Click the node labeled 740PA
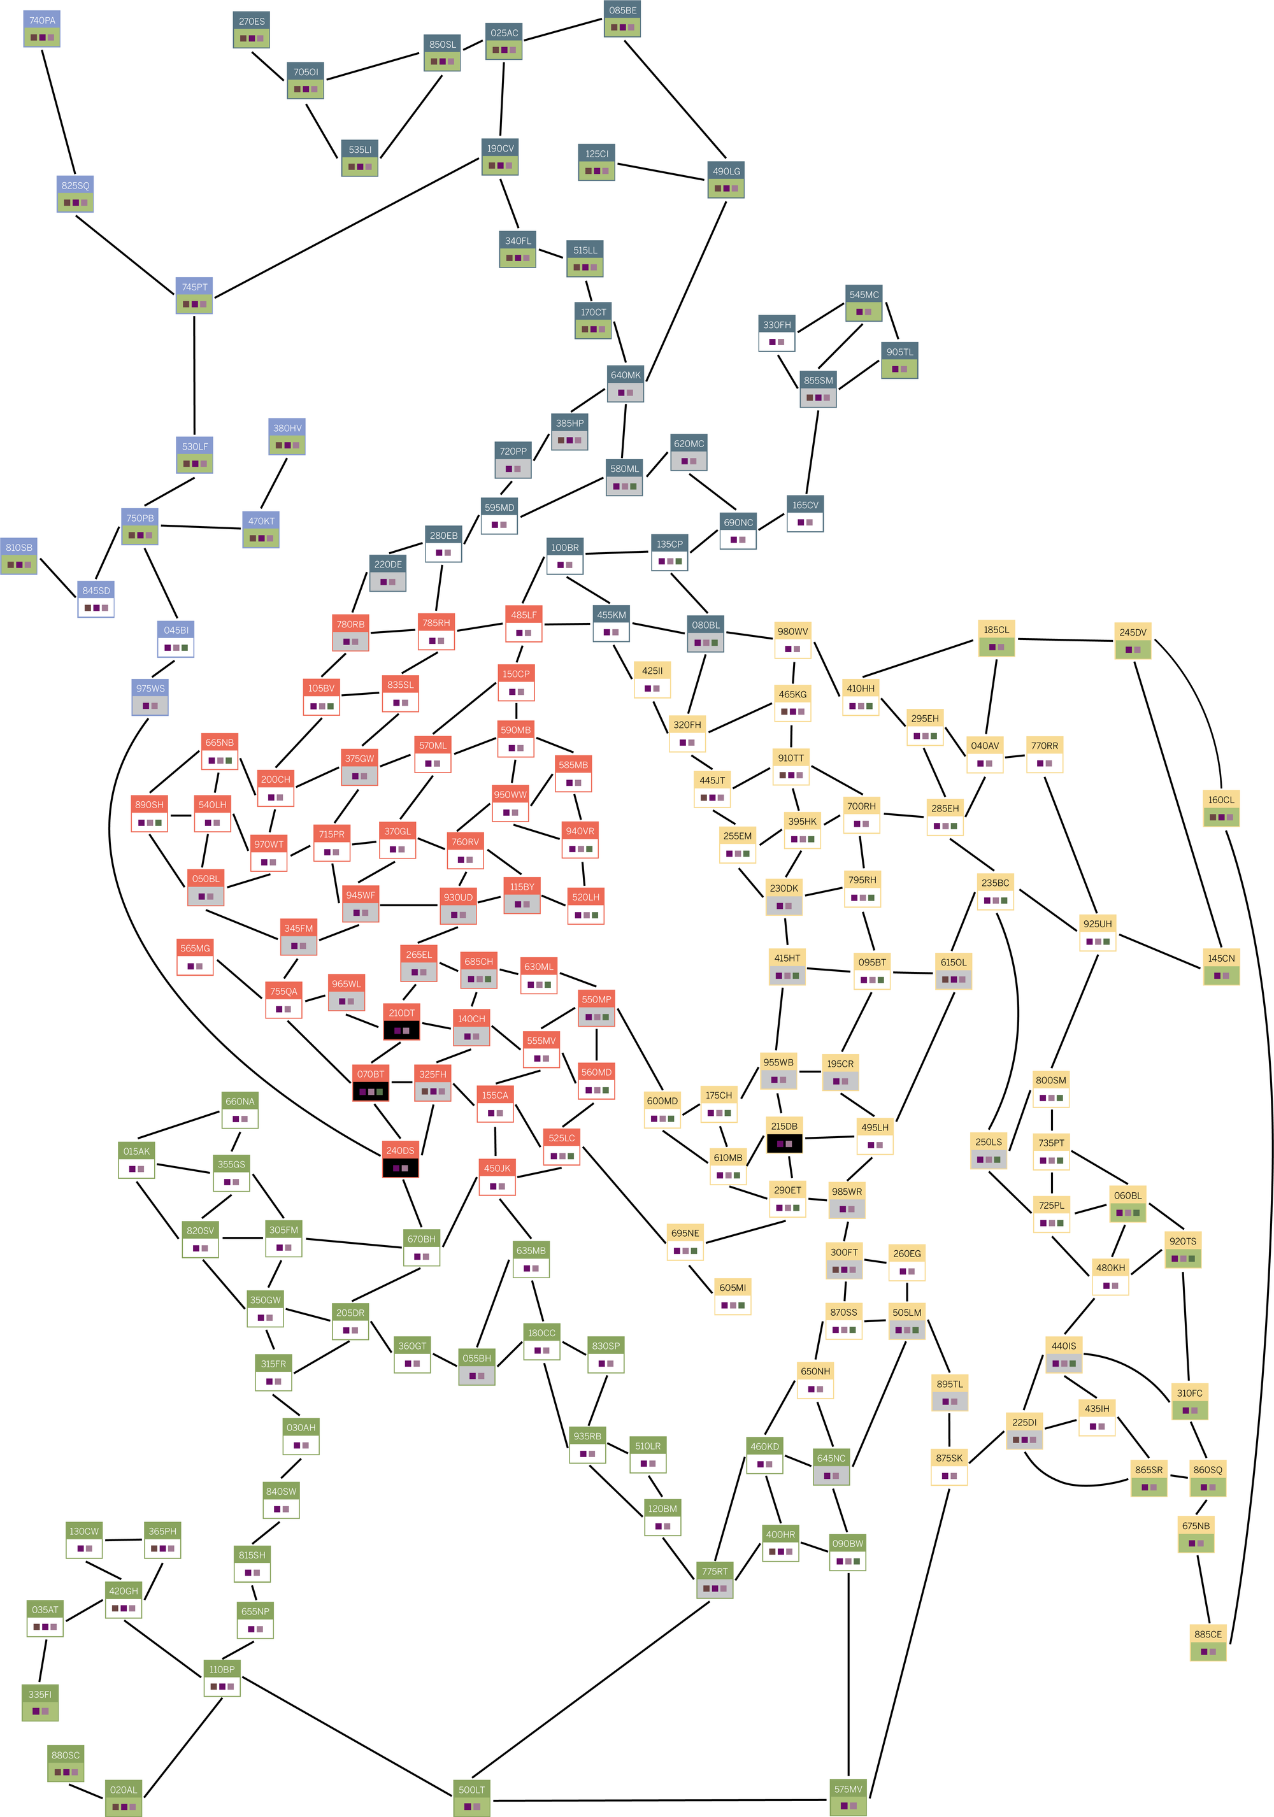point(42,29)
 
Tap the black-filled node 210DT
point(401,1022)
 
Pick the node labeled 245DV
point(1133,641)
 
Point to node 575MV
point(847,1798)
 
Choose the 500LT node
point(471,1799)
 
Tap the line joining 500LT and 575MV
point(660,1800)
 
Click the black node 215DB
point(784,1135)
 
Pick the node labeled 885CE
point(1208,1643)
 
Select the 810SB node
point(19,557)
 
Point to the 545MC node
point(863,303)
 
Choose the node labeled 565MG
point(196,957)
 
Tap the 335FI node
point(39,1703)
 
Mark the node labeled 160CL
point(1220,808)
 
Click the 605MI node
point(732,1296)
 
